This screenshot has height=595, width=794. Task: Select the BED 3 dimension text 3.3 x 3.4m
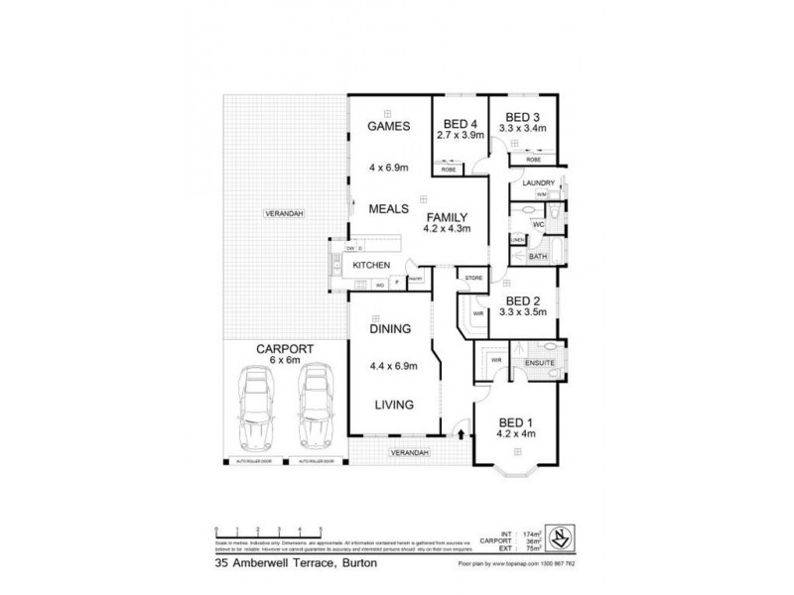pos(523,129)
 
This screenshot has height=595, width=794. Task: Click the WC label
pos(539,226)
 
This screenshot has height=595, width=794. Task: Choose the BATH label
pos(538,256)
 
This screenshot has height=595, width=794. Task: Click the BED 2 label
pos(522,301)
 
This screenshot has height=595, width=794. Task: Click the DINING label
pos(384,328)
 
